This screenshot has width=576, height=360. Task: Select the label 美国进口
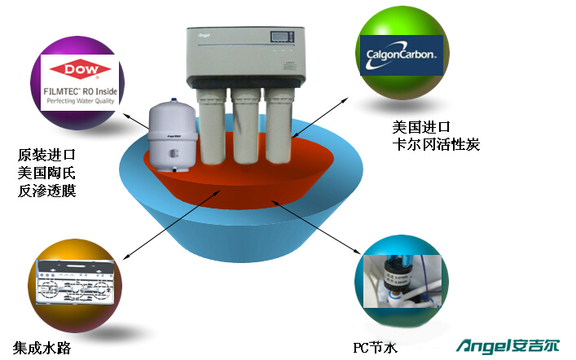[x=421, y=127]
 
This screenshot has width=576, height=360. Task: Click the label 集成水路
[x=42, y=348]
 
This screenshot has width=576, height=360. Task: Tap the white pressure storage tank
[x=171, y=136]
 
